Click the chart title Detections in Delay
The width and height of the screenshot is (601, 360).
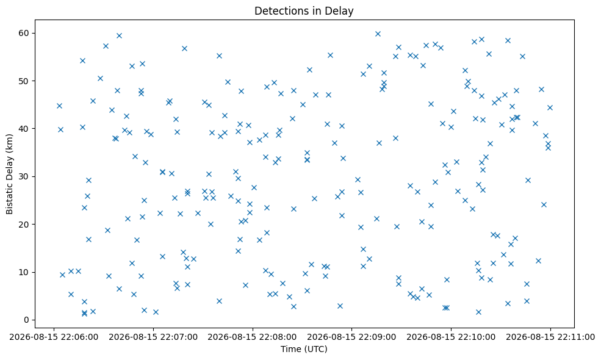304,11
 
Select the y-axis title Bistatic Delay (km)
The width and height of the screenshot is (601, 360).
9,174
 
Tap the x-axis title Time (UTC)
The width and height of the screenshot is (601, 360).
304,349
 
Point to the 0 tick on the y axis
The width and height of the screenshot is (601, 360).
27,320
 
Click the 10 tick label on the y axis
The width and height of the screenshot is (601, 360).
24,272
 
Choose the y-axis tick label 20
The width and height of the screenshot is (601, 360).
24,225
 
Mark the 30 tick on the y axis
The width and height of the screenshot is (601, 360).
24,176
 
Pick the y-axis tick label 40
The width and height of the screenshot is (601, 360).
24,128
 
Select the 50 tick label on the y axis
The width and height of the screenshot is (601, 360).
24,81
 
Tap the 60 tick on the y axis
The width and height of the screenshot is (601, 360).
24,33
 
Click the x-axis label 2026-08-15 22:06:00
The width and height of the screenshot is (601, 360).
54,337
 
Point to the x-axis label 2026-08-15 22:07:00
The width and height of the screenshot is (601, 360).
153,337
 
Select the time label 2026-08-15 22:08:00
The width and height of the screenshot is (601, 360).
253,337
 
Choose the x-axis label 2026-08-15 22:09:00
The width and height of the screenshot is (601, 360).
352,337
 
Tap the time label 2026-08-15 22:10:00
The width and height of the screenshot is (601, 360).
451,337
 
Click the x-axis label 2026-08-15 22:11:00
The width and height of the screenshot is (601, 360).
550,337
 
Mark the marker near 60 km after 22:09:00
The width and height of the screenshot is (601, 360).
378,34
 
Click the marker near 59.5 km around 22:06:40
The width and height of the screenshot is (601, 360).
119,35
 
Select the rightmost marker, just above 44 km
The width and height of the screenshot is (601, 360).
550,108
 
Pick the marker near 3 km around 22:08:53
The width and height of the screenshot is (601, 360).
340,306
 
